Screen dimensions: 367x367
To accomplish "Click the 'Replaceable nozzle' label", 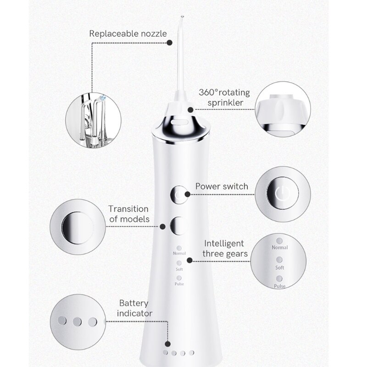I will coord(128,33).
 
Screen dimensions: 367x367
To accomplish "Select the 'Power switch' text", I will coord(222,186).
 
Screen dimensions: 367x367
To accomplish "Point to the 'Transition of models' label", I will coord(128,214).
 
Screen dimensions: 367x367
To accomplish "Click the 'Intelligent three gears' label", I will coord(224,248).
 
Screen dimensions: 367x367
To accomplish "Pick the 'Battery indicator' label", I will coord(134,308).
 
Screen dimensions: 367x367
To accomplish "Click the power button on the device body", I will coord(179,195).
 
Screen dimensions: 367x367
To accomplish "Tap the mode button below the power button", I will coord(178,226).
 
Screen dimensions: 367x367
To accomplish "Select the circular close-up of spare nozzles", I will coord(93,120).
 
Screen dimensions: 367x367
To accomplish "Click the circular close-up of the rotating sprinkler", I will coord(283,109).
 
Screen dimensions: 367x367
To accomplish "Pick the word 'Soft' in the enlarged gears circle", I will coord(280,267).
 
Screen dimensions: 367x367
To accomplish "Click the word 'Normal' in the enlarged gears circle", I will coord(280,247).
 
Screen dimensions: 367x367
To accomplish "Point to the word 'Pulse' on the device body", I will coord(179,284).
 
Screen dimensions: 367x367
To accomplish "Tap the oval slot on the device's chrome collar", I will coord(179,122).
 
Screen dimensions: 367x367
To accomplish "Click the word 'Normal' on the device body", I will coord(179,253).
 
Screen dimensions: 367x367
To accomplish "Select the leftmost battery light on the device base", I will coord(165,353).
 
